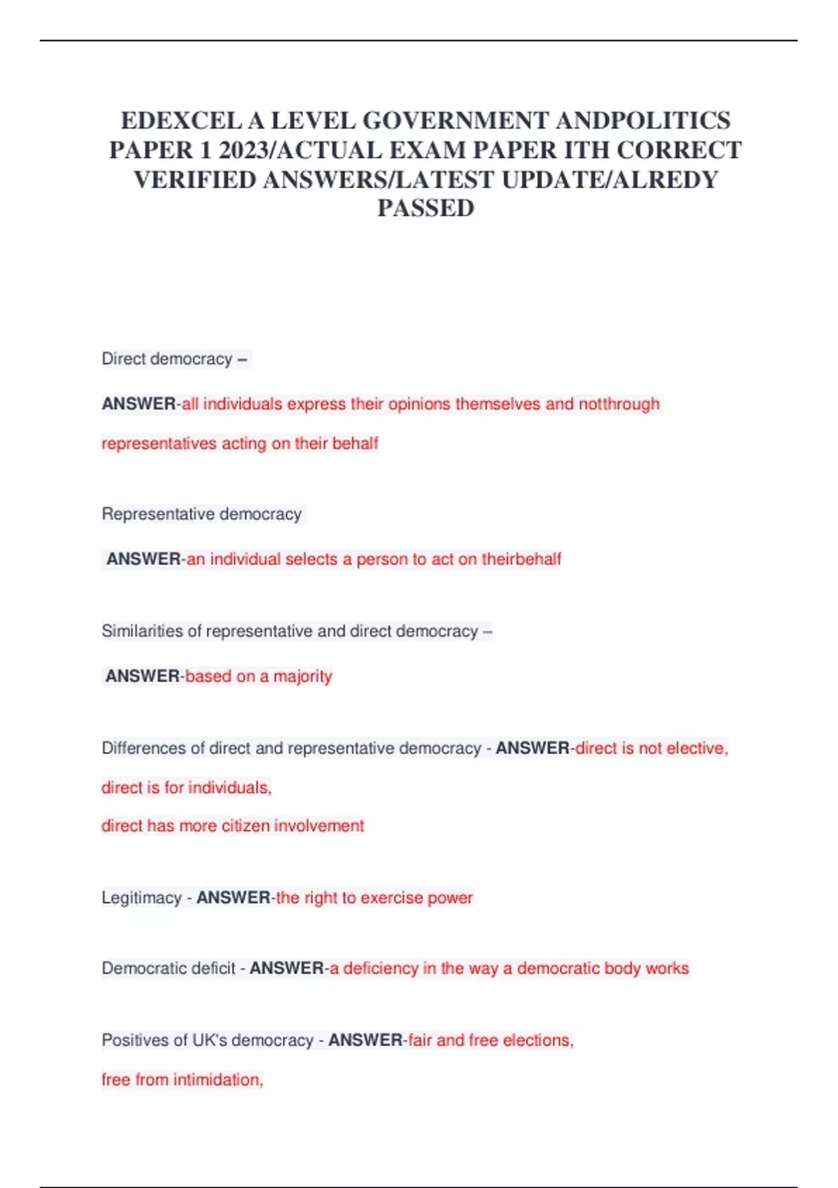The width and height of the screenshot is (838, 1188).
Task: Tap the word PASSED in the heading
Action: click(x=425, y=208)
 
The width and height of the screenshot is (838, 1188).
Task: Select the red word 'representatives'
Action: click(x=159, y=444)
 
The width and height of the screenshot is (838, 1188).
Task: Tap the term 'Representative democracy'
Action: click(x=201, y=514)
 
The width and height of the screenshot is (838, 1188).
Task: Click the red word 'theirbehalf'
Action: click(x=521, y=559)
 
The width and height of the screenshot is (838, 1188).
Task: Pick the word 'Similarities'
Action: click(x=141, y=631)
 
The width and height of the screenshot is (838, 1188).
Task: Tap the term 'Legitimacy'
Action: click(x=141, y=898)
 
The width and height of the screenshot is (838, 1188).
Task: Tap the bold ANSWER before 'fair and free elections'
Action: click(x=365, y=1041)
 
